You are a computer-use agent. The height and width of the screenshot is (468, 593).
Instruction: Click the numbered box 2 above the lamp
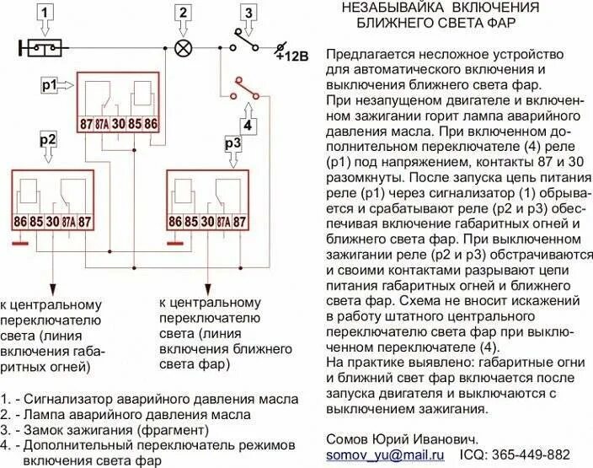coord(181,12)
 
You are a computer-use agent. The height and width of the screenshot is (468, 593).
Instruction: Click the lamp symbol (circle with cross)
coord(181,47)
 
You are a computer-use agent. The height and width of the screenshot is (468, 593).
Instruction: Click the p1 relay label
coord(49,85)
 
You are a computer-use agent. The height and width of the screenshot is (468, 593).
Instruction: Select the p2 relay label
coord(48,139)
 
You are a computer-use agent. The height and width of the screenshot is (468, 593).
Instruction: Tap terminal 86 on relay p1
coord(150,124)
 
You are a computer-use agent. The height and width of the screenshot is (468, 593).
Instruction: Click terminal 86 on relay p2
coord(20,223)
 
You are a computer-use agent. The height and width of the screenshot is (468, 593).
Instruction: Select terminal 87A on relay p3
coord(222,223)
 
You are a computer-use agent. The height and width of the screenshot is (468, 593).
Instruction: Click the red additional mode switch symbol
coord(244,88)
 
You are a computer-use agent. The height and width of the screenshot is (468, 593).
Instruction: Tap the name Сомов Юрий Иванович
coord(401,438)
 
